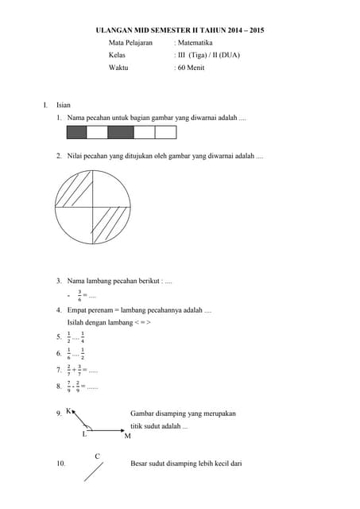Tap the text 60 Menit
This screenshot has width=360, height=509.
pyautogui.click(x=192, y=68)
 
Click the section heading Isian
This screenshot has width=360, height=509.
pyautogui.click(x=64, y=104)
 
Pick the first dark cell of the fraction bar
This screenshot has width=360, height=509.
pyautogui.click(x=76, y=132)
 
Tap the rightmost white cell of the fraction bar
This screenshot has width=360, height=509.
pyautogui.click(x=165, y=132)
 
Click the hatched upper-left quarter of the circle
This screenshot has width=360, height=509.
pyautogui.click(x=75, y=192)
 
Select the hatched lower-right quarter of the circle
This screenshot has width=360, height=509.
pyautogui.click(x=110, y=225)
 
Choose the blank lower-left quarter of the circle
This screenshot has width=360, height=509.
pyautogui.click(x=76, y=225)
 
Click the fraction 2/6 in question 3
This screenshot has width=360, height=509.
pyautogui.click(x=79, y=295)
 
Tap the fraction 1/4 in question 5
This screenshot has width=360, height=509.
pyautogui.click(x=83, y=336)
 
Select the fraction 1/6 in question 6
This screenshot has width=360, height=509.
pyautogui.click(x=68, y=353)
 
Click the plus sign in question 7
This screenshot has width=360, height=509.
pyautogui.click(x=74, y=370)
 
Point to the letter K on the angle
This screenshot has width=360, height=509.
pyautogui.click(x=68, y=411)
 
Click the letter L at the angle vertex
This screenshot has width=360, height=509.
pyautogui.click(x=84, y=434)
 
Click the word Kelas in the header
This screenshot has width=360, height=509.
pyautogui.click(x=117, y=56)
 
